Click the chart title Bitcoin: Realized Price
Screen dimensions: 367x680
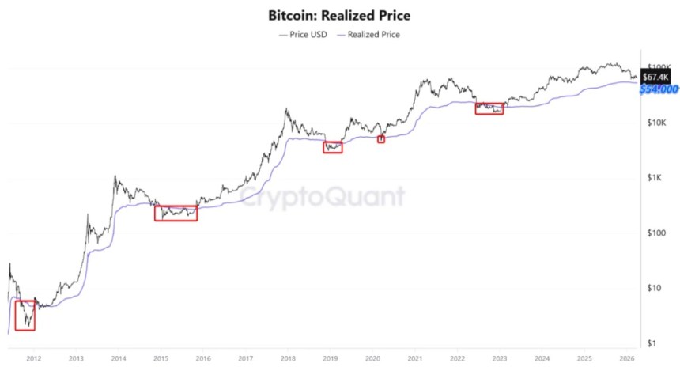tap(340, 15)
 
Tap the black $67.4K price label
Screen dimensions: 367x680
tap(655, 77)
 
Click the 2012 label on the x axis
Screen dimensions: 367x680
tap(33, 358)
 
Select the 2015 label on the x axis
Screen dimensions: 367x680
tap(160, 358)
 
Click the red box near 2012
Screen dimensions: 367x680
tap(25, 315)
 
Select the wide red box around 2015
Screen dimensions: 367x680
tap(176, 212)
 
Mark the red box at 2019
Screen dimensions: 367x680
tap(333, 146)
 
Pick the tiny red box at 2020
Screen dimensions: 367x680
tap(380, 139)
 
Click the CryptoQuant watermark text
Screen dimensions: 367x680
tap(323, 196)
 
